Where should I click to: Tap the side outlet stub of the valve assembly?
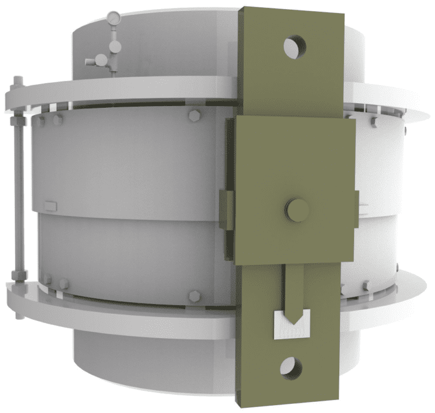coord(89,60)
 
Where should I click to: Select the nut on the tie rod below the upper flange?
coord(16,121)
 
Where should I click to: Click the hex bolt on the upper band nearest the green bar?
coord(194,116)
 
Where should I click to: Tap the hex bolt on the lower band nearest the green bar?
coord(194,296)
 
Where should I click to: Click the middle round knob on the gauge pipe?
coord(114,44)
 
